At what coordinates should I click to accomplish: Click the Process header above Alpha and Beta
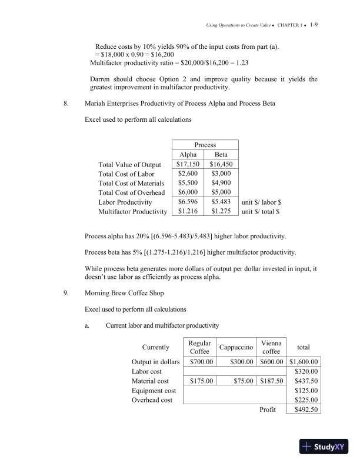(205, 145)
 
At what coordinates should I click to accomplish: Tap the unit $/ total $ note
(261, 211)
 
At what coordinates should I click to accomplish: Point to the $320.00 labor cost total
(306, 371)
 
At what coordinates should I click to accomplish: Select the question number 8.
(67, 104)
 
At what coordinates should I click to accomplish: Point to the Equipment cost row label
(154, 391)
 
